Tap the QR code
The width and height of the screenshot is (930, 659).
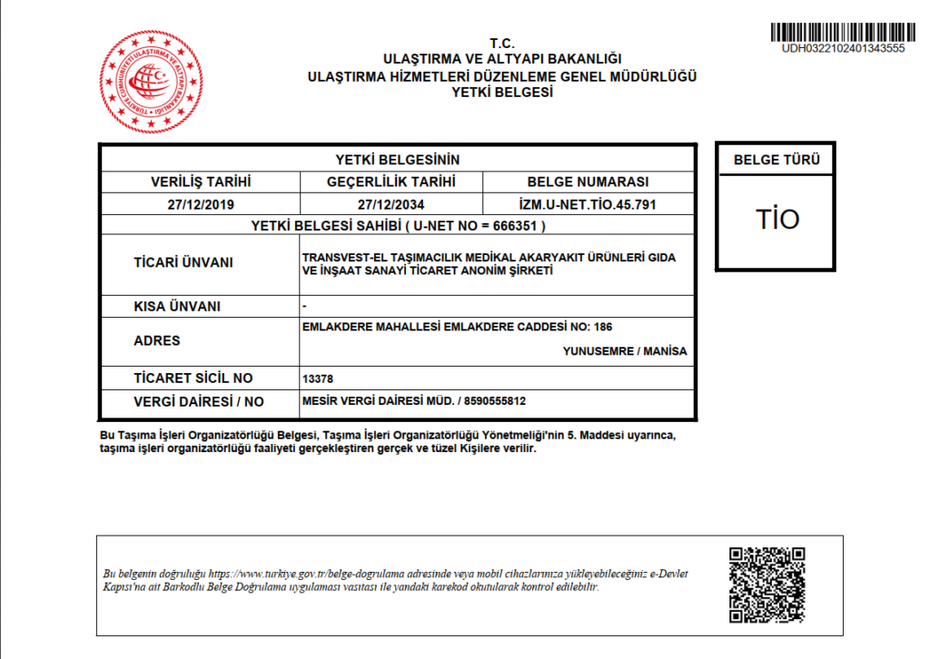767,585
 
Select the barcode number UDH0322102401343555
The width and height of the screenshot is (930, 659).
842,49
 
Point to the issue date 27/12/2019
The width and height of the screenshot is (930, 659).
200,204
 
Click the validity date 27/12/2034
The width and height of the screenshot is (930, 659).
391,204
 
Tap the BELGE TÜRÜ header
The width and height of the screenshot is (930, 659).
776,162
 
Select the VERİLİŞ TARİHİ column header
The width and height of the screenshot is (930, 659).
200,182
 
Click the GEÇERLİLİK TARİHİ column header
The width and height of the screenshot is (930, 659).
391,182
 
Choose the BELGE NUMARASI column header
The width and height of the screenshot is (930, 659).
588,182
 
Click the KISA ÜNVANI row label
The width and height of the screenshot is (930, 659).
177,306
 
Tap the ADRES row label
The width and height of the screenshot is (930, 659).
156,341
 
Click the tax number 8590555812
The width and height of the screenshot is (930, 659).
495,400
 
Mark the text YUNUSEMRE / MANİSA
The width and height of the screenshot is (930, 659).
625,351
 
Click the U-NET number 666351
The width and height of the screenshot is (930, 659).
519,225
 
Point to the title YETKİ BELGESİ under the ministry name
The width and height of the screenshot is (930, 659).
502,93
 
